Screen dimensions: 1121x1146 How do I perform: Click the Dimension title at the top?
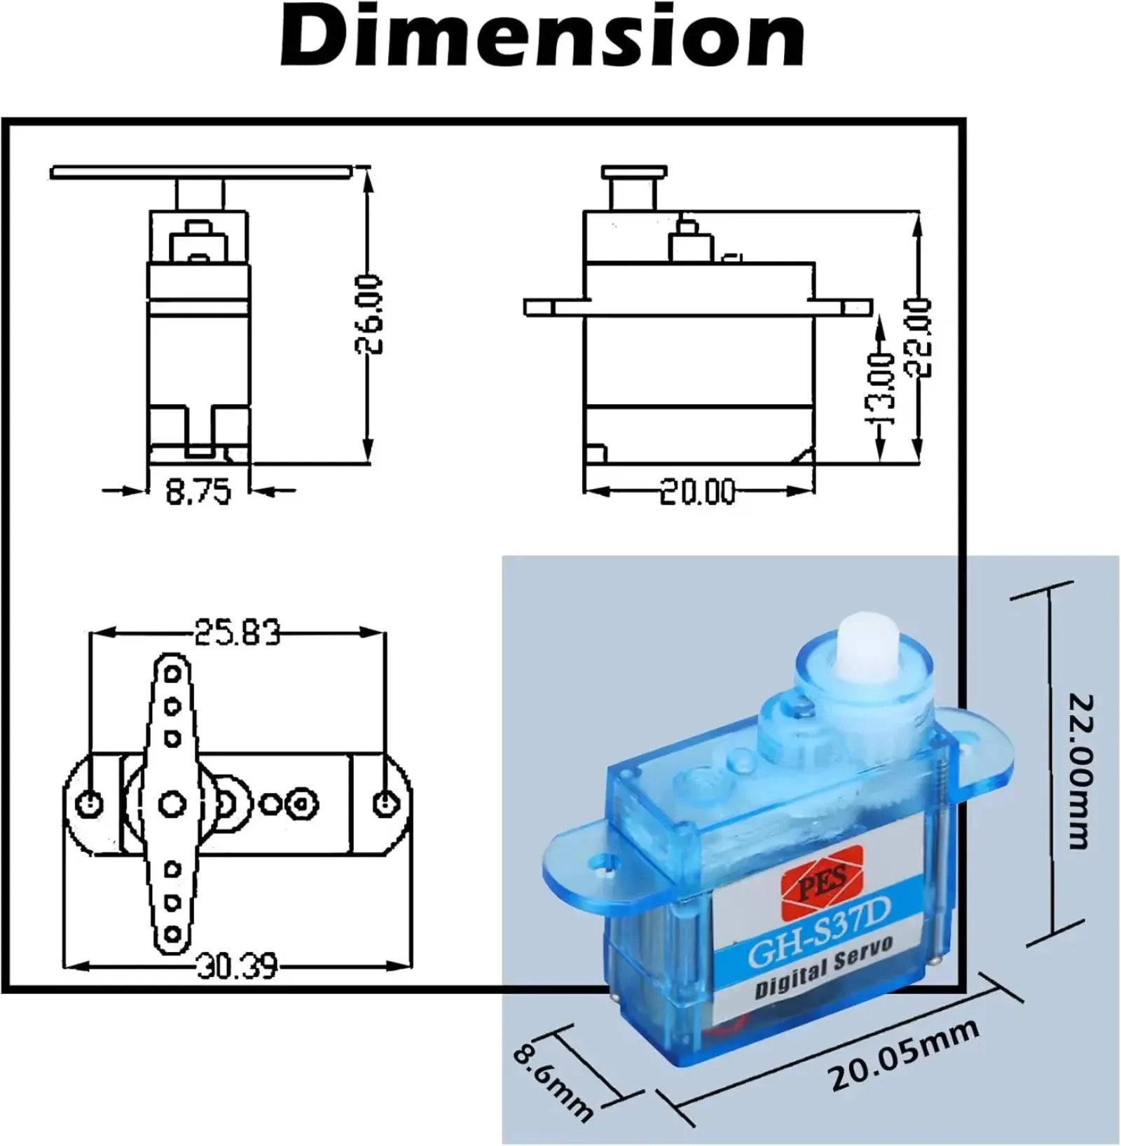coord(542,35)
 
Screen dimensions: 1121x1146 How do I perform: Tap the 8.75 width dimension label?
coord(198,492)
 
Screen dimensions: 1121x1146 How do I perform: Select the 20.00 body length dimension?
coord(698,492)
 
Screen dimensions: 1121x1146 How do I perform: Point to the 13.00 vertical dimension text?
coord(883,388)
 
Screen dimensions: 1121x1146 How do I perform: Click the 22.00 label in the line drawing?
coord(921,338)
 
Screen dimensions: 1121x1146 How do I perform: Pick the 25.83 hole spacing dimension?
coord(237,632)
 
